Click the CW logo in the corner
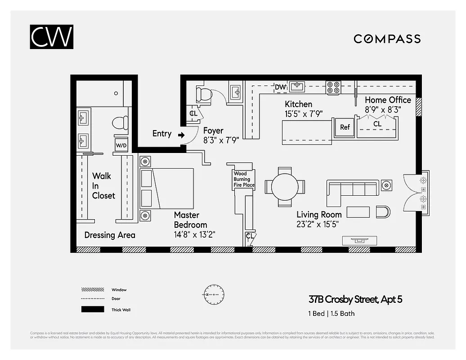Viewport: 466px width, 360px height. pyautogui.click(x=52, y=37)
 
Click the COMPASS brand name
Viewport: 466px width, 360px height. pyautogui.click(x=387, y=39)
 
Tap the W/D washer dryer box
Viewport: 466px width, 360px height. pyautogui.click(x=121, y=145)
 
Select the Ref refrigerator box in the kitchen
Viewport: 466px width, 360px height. pyautogui.click(x=345, y=127)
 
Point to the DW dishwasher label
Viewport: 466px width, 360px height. pyautogui.click(x=280, y=87)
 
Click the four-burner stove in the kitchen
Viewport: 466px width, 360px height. pyautogui.click(x=333, y=87)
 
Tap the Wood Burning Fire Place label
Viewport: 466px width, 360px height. pyautogui.click(x=244, y=179)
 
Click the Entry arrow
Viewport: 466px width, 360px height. pyautogui.click(x=181, y=134)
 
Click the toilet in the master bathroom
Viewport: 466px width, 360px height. pyautogui.click(x=121, y=123)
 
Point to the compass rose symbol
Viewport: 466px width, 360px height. pyautogui.click(x=211, y=294)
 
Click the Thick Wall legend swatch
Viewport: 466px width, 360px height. pyautogui.click(x=92, y=309)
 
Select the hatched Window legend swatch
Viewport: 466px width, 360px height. pyautogui.click(x=92, y=290)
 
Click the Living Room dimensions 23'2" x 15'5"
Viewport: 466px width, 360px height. pyautogui.click(x=318, y=224)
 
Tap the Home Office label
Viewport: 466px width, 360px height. pyautogui.click(x=388, y=100)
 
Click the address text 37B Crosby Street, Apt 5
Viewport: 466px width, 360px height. pyautogui.click(x=355, y=299)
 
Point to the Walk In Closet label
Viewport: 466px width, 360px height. pyautogui.click(x=103, y=185)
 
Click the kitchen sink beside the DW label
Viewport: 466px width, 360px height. pyautogui.click(x=296, y=86)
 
